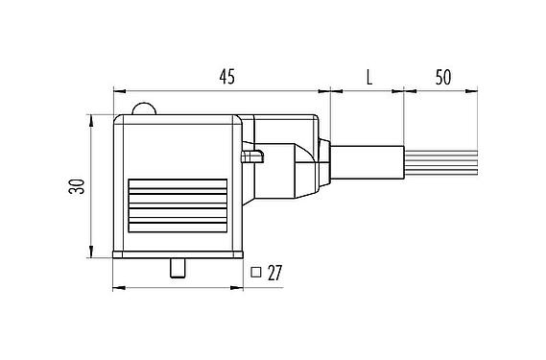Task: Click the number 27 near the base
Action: click(274, 274)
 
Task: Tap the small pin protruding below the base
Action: click(177, 269)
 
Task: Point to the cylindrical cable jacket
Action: click(369, 160)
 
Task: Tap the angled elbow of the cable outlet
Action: click(293, 158)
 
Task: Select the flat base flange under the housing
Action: click(177, 256)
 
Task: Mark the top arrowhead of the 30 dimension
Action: click(90, 119)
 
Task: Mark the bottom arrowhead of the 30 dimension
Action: click(90, 255)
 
